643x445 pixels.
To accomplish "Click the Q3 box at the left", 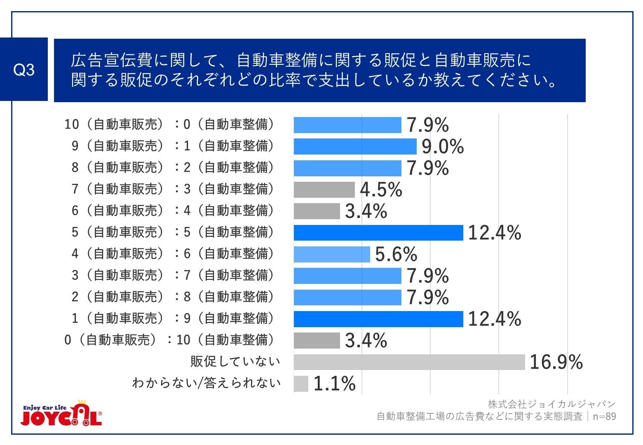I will point(24,70).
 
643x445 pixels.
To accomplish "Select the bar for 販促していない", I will point(409,362).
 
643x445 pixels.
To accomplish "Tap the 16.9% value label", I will point(556,362).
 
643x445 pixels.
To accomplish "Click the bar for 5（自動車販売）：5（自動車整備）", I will point(378,233).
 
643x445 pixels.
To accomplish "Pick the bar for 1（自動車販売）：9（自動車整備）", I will point(378,319).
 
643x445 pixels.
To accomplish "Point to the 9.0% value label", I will point(443,147).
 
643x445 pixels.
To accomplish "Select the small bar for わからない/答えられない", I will point(301,384).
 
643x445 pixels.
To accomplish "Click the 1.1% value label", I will point(334,384).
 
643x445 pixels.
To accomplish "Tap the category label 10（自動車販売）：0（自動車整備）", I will point(169,124).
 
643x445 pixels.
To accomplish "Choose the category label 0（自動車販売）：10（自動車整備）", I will point(169,340).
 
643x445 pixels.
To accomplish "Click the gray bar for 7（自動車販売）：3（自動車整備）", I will point(324,190).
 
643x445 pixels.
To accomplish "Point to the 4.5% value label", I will point(381,190).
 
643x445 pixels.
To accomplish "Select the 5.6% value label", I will point(396,254).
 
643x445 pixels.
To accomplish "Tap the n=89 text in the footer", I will point(604,417).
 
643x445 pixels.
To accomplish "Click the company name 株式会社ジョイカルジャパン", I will point(551,404).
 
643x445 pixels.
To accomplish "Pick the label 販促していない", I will point(235,362).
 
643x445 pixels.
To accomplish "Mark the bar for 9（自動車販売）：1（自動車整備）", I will point(355,147).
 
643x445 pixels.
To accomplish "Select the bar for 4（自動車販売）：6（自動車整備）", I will point(332,254).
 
